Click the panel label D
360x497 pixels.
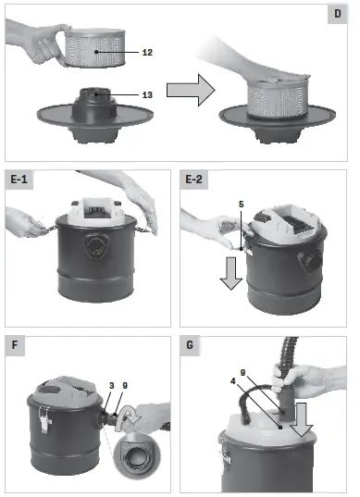tap(338, 14)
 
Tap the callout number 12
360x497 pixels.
tap(147, 53)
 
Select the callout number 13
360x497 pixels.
tap(147, 94)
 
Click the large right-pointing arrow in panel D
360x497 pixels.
tap(191, 90)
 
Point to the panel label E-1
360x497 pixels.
tap(19, 180)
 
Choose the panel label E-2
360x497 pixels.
tap(193, 180)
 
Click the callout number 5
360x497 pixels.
tap(242, 205)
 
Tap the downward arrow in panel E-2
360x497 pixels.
tap(231, 273)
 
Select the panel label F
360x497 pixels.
tap(15, 345)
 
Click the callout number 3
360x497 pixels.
tap(112, 385)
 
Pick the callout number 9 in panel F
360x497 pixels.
tap(125, 385)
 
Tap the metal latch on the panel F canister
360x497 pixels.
tap(44, 419)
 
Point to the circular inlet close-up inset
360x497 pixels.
tap(137, 455)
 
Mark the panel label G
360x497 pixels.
tap(190, 345)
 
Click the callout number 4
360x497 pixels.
tap(233, 381)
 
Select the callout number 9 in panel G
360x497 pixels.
tap(242, 373)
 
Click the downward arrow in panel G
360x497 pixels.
tap(302, 419)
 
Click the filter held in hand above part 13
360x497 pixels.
tap(95, 48)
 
